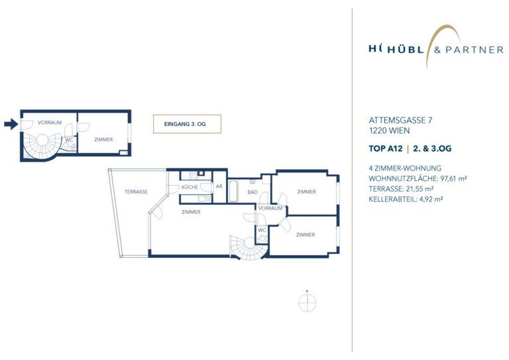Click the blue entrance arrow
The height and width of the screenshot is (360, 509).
pyautogui.click(x=11, y=124)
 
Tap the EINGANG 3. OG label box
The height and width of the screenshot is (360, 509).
pyautogui.click(x=187, y=124)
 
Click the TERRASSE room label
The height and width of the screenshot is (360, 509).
pyautogui.click(x=136, y=192)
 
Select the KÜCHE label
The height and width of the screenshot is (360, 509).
pyautogui.click(x=190, y=188)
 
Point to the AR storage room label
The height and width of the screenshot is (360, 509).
pyautogui.click(x=219, y=186)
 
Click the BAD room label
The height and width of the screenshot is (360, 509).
pyautogui.click(x=253, y=192)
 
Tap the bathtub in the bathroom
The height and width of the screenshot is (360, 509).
pyautogui.click(x=233, y=191)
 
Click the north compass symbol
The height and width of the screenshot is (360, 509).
pyautogui.click(x=307, y=302)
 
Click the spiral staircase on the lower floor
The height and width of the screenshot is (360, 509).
pyautogui.click(x=249, y=247)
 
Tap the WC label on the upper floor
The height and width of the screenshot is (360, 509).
pyautogui.click(x=69, y=141)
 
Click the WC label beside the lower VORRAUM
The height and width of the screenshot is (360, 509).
pyautogui.click(x=262, y=230)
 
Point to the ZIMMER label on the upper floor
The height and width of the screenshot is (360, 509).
pyautogui.click(x=103, y=140)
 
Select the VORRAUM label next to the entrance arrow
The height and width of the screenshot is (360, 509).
pyautogui.click(x=50, y=123)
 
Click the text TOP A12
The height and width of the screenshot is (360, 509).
pyautogui.click(x=385, y=149)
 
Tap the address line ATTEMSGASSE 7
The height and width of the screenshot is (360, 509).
pyautogui.click(x=400, y=120)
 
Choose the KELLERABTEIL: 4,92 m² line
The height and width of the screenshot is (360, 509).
pyautogui.click(x=406, y=199)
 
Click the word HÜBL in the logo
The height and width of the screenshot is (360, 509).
pyautogui.click(x=406, y=50)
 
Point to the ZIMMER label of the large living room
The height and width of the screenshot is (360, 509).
pyautogui.click(x=191, y=212)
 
